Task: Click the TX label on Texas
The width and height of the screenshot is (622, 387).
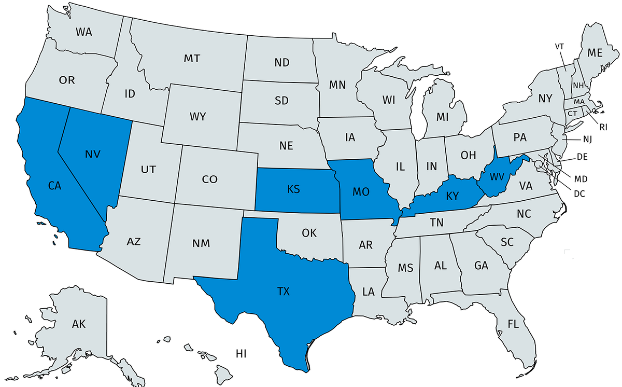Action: point(283,292)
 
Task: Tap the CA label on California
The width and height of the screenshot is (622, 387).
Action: point(55,185)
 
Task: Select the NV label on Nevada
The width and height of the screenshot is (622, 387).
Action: point(93,154)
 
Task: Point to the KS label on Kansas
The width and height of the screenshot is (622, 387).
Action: point(293,189)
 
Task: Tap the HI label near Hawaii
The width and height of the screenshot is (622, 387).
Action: point(241,354)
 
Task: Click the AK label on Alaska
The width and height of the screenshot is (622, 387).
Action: point(79,325)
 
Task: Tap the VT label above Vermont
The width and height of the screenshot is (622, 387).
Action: point(559,46)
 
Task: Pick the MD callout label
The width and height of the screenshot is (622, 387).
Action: point(581,178)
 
